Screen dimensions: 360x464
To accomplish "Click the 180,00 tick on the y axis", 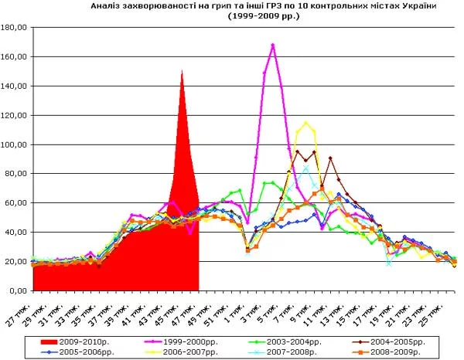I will tap(15, 28).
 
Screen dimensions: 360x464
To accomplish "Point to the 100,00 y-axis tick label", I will tap(15, 144).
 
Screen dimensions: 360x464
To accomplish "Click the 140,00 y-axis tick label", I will tap(15, 86).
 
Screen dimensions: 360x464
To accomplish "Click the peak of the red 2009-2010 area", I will tap(183, 72).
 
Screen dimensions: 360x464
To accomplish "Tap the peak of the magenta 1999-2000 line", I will tap(273, 45).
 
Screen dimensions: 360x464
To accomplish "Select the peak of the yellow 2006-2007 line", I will tap(307, 123).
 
